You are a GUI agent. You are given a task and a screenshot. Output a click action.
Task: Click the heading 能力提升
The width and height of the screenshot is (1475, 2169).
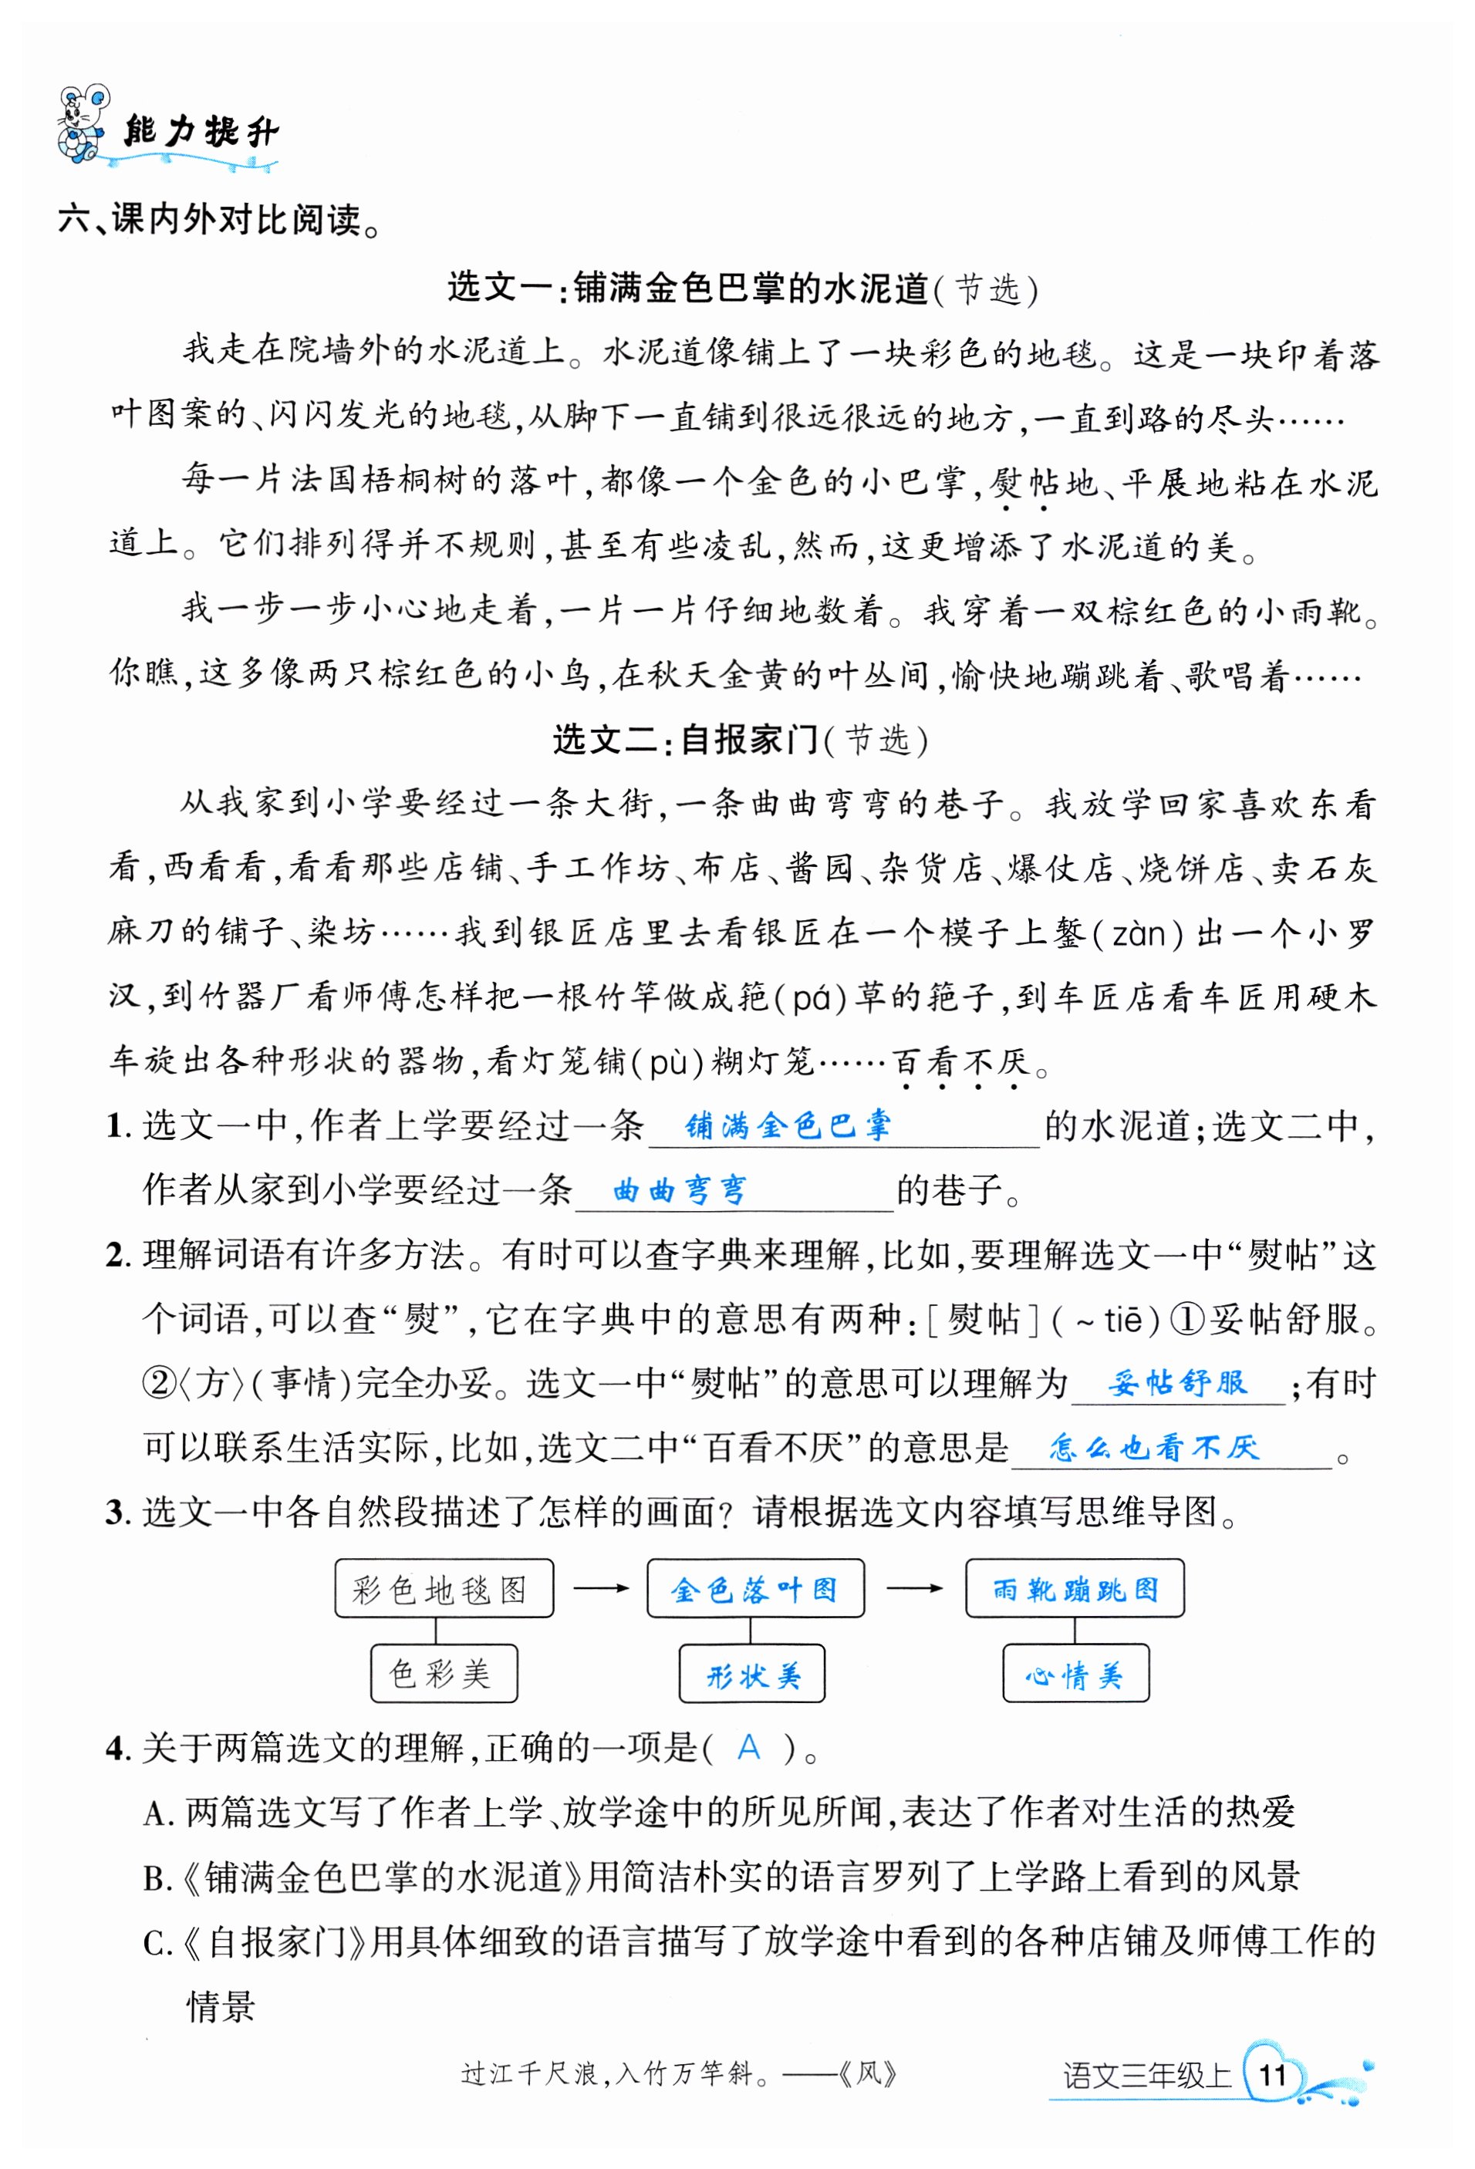[x=201, y=133]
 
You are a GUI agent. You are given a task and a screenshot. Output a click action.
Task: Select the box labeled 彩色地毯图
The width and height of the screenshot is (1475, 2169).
[x=444, y=1588]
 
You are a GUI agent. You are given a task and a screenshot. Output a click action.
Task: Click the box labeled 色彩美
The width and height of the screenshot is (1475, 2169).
[x=444, y=1673]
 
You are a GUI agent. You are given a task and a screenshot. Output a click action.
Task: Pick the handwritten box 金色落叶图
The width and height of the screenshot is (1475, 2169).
[x=755, y=1588]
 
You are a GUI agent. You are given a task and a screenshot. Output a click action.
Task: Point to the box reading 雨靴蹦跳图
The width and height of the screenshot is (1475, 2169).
[x=1075, y=1588]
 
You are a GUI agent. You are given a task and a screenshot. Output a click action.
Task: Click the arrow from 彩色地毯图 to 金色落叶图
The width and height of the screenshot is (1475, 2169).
[x=600, y=1587]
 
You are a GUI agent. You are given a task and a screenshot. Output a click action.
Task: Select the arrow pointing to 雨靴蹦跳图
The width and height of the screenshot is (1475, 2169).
[x=914, y=1587]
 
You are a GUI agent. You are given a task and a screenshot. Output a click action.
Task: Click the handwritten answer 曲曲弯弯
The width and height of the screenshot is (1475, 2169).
[x=680, y=1191]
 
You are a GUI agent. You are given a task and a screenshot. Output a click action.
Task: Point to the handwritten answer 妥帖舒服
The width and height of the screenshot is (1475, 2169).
[x=1177, y=1382]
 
